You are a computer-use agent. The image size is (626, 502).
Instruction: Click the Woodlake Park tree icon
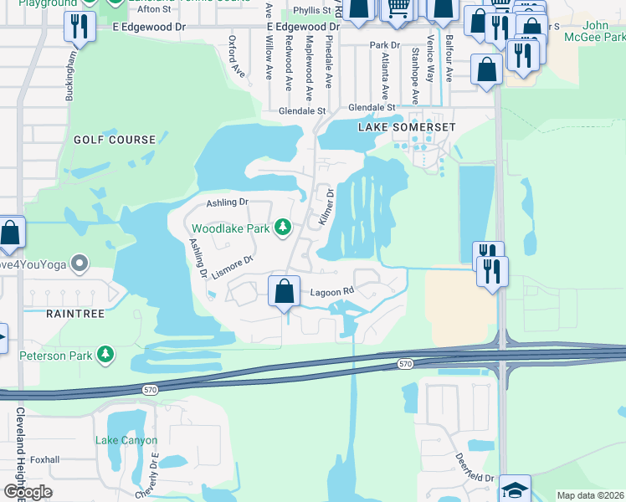283,228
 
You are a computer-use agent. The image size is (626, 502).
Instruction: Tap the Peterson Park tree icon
105,355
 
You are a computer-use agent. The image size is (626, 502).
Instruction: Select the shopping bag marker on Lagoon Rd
285,291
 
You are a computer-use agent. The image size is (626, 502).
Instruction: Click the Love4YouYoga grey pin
80,264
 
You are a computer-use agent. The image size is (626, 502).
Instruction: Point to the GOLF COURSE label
114,140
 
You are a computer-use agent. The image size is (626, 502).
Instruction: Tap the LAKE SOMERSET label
407,127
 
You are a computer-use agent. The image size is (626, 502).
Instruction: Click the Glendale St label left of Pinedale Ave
302,110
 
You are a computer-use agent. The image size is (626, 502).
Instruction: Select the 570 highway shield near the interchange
406,362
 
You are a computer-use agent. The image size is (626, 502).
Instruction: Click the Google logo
28,492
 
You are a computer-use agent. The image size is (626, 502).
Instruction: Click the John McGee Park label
603,32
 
